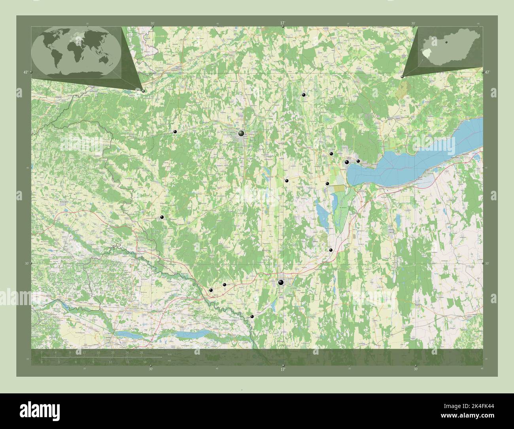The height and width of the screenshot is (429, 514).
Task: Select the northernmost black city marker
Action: pos(304,95)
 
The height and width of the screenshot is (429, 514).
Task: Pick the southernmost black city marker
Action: pos(252,316)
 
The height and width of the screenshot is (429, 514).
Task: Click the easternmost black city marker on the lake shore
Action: pos(358,161)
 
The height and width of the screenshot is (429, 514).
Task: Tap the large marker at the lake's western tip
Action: pos(347,162)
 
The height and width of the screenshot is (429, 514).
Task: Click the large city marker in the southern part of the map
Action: pos(281,283)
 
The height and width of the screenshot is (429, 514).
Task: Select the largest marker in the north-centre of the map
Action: pos(241,134)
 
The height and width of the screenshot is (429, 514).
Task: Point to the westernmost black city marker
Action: pos(162,217)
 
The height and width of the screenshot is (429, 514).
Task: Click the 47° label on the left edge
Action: pos(25,72)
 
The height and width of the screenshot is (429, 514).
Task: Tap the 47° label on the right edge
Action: pos(487,72)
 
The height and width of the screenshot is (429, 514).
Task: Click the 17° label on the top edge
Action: pos(282,23)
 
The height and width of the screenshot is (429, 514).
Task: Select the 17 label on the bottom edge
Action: pos(282,369)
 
